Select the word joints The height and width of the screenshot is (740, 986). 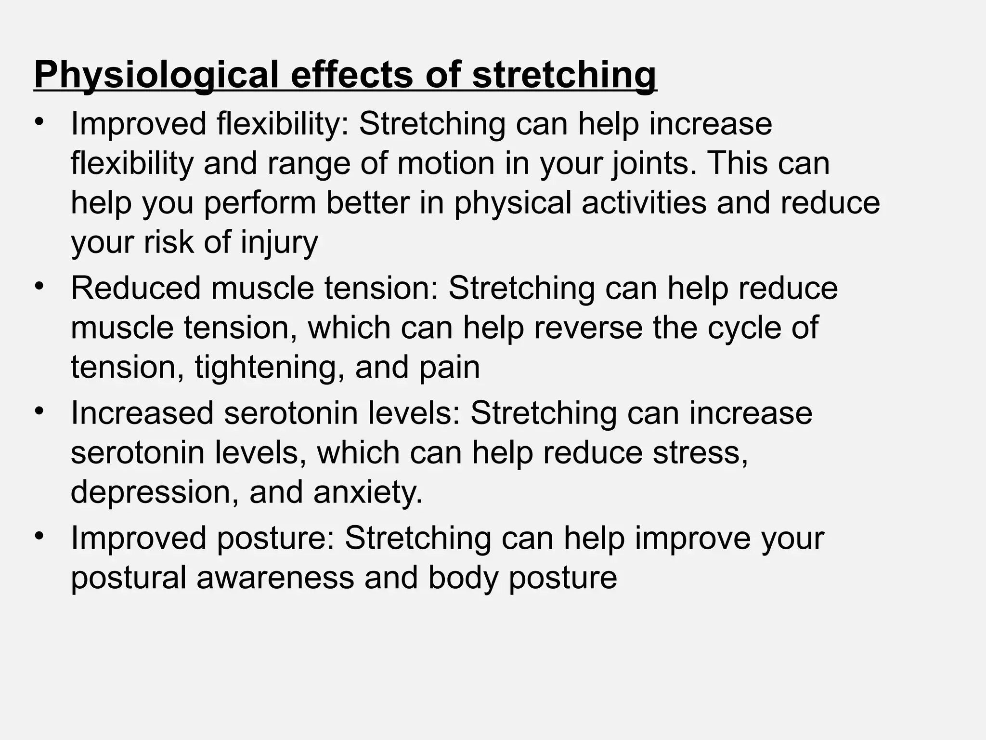653,164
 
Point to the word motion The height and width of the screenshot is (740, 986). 446,164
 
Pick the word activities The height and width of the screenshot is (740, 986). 644,203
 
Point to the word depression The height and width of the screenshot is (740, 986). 155,492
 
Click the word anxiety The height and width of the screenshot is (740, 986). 367,492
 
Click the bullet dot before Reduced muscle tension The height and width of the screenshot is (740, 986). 39,287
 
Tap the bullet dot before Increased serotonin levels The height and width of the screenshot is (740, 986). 39,411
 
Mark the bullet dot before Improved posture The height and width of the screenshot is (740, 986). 39,536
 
